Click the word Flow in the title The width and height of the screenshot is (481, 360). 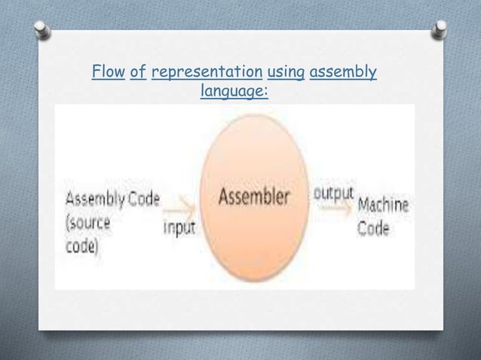coord(107,73)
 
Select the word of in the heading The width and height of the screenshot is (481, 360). coord(138,73)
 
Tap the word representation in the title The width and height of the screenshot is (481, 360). coord(207,73)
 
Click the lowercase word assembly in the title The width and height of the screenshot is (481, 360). coord(343,73)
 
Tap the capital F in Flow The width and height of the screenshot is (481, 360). coord(94,73)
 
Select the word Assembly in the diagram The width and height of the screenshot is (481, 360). coord(95,200)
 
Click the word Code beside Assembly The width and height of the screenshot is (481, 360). coord(144,200)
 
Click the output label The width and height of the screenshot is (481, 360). coord(333,192)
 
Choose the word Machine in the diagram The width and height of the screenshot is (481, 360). coord(384,206)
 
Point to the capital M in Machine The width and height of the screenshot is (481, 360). coord(363,206)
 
